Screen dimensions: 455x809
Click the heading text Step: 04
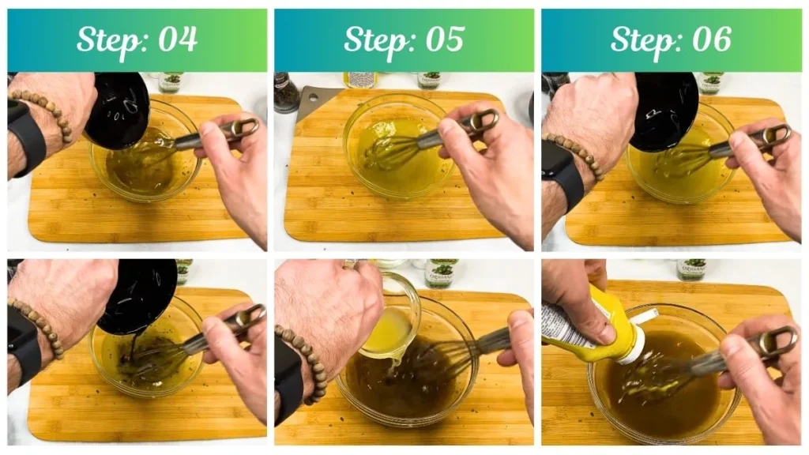(x=137, y=39)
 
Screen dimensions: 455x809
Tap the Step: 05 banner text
(x=404, y=39)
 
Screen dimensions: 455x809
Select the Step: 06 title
(x=671, y=39)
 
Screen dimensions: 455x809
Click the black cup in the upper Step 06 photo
(x=663, y=111)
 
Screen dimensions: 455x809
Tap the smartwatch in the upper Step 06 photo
(x=562, y=173)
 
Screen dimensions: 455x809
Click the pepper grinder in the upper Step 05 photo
(x=285, y=92)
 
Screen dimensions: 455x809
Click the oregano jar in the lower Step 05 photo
(x=439, y=273)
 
